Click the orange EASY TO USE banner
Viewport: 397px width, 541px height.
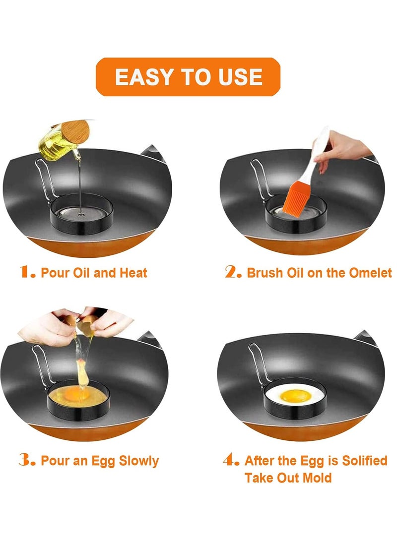coord(188,76)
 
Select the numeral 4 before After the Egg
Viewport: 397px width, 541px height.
coord(231,460)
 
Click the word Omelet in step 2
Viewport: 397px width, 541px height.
coord(370,273)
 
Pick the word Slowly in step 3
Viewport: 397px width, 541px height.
coord(138,461)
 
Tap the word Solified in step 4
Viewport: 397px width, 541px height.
coord(365,461)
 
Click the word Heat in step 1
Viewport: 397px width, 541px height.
coord(133,273)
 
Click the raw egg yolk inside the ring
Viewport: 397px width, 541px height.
coord(73,393)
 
